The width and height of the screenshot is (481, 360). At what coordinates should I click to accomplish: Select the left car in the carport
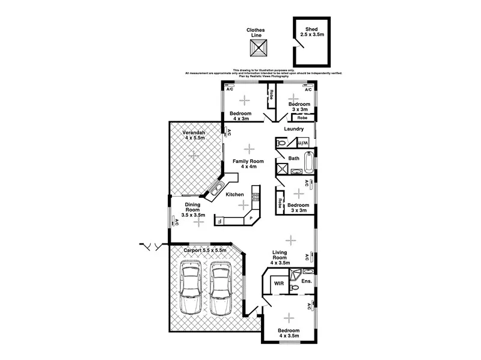192,287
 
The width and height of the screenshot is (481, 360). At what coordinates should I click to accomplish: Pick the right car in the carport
221,287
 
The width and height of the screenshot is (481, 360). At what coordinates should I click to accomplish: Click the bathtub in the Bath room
308,162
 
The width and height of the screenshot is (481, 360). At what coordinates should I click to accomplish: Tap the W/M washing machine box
304,143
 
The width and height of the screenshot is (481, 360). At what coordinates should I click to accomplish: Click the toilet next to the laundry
281,143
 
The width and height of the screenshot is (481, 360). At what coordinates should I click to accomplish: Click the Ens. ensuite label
305,281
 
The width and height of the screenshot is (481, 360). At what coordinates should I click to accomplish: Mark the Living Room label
280,257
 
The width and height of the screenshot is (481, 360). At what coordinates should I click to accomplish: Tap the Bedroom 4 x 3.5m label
289,334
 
